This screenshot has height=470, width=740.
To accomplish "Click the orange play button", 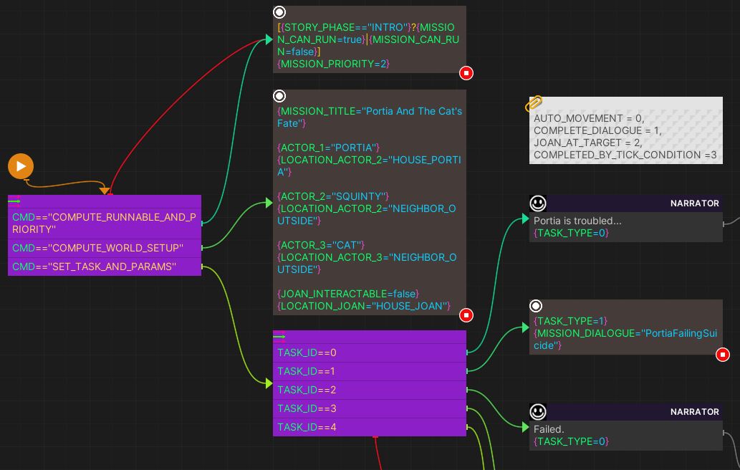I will coord(21,166).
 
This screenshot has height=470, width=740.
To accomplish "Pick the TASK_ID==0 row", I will coord(369,352).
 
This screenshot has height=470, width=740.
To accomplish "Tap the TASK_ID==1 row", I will coord(369,371).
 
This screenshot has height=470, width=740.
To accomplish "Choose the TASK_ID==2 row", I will coord(369,390).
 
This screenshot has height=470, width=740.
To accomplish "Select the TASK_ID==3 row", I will coord(369,408).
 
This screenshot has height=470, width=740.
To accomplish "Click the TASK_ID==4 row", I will coord(369,427).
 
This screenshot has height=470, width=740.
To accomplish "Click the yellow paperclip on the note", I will coord(534,105).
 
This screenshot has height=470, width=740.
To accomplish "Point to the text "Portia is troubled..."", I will coord(577,221).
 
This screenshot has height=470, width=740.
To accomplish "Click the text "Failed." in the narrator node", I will coord(549,429).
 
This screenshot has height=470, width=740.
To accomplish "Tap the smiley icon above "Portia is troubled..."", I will coord(538,203).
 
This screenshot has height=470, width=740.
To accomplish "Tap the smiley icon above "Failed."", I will coord(538,412).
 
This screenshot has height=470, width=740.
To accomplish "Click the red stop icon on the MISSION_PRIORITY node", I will coord(466,72).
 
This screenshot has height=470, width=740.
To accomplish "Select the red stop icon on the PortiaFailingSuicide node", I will coord(723,354).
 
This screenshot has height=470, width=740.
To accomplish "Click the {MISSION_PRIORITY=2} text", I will coord(333,64).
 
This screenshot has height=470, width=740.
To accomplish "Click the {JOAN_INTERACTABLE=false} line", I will coord(348,294).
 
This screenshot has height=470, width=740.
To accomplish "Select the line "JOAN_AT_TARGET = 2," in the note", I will coord(587,143).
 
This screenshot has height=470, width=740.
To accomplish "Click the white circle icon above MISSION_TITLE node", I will coord(279,96).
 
